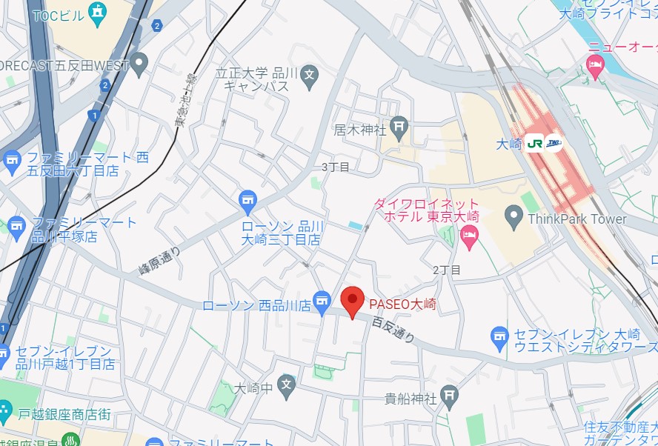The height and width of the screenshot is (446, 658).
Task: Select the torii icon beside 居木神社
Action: [400, 127]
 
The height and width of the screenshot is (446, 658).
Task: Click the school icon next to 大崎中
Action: [287, 384]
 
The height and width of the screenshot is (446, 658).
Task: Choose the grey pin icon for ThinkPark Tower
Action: [514, 218]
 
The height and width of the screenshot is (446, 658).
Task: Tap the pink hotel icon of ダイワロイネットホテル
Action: [468, 236]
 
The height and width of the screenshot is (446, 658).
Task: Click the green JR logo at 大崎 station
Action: [535, 143]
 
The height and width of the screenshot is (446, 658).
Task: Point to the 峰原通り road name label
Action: [159, 262]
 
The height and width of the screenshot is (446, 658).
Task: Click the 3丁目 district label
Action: [335, 167]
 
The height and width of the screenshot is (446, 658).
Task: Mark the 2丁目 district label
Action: [447, 270]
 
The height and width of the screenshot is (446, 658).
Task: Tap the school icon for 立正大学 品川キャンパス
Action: [310, 74]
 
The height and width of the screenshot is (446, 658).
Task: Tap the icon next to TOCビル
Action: [96, 12]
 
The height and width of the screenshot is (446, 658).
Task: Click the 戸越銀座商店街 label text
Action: [64, 413]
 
